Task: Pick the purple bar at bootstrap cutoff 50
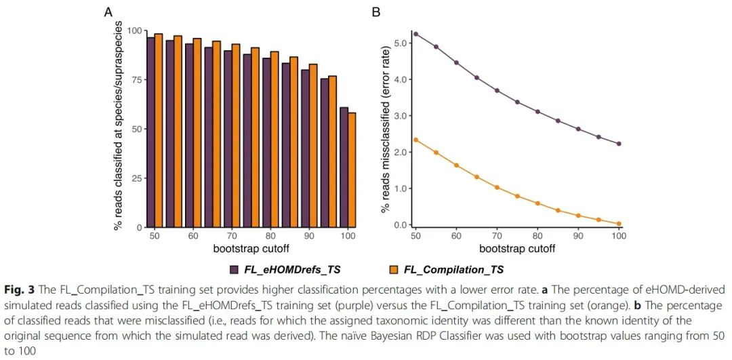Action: click(x=151, y=132)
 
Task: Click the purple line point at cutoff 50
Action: click(x=416, y=34)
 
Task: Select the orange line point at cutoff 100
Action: click(x=619, y=224)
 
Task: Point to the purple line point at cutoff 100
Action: click(x=619, y=144)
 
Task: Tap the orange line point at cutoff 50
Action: click(x=416, y=140)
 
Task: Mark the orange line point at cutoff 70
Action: click(x=497, y=187)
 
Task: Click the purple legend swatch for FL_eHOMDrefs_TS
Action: click(x=234, y=270)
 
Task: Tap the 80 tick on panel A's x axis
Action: click(x=270, y=236)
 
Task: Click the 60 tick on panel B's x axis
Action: click(x=457, y=236)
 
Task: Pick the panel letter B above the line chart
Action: click(x=377, y=12)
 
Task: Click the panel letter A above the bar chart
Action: click(x=108, y=12)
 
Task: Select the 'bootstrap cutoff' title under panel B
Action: click(x=516, y=249)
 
